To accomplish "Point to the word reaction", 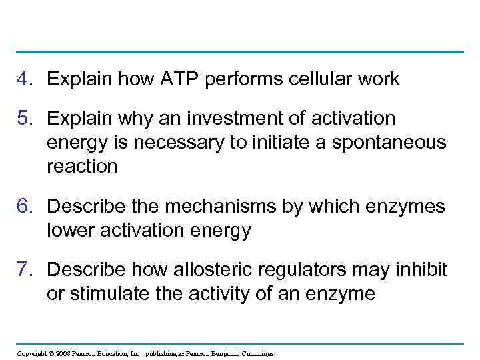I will [82, 167].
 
